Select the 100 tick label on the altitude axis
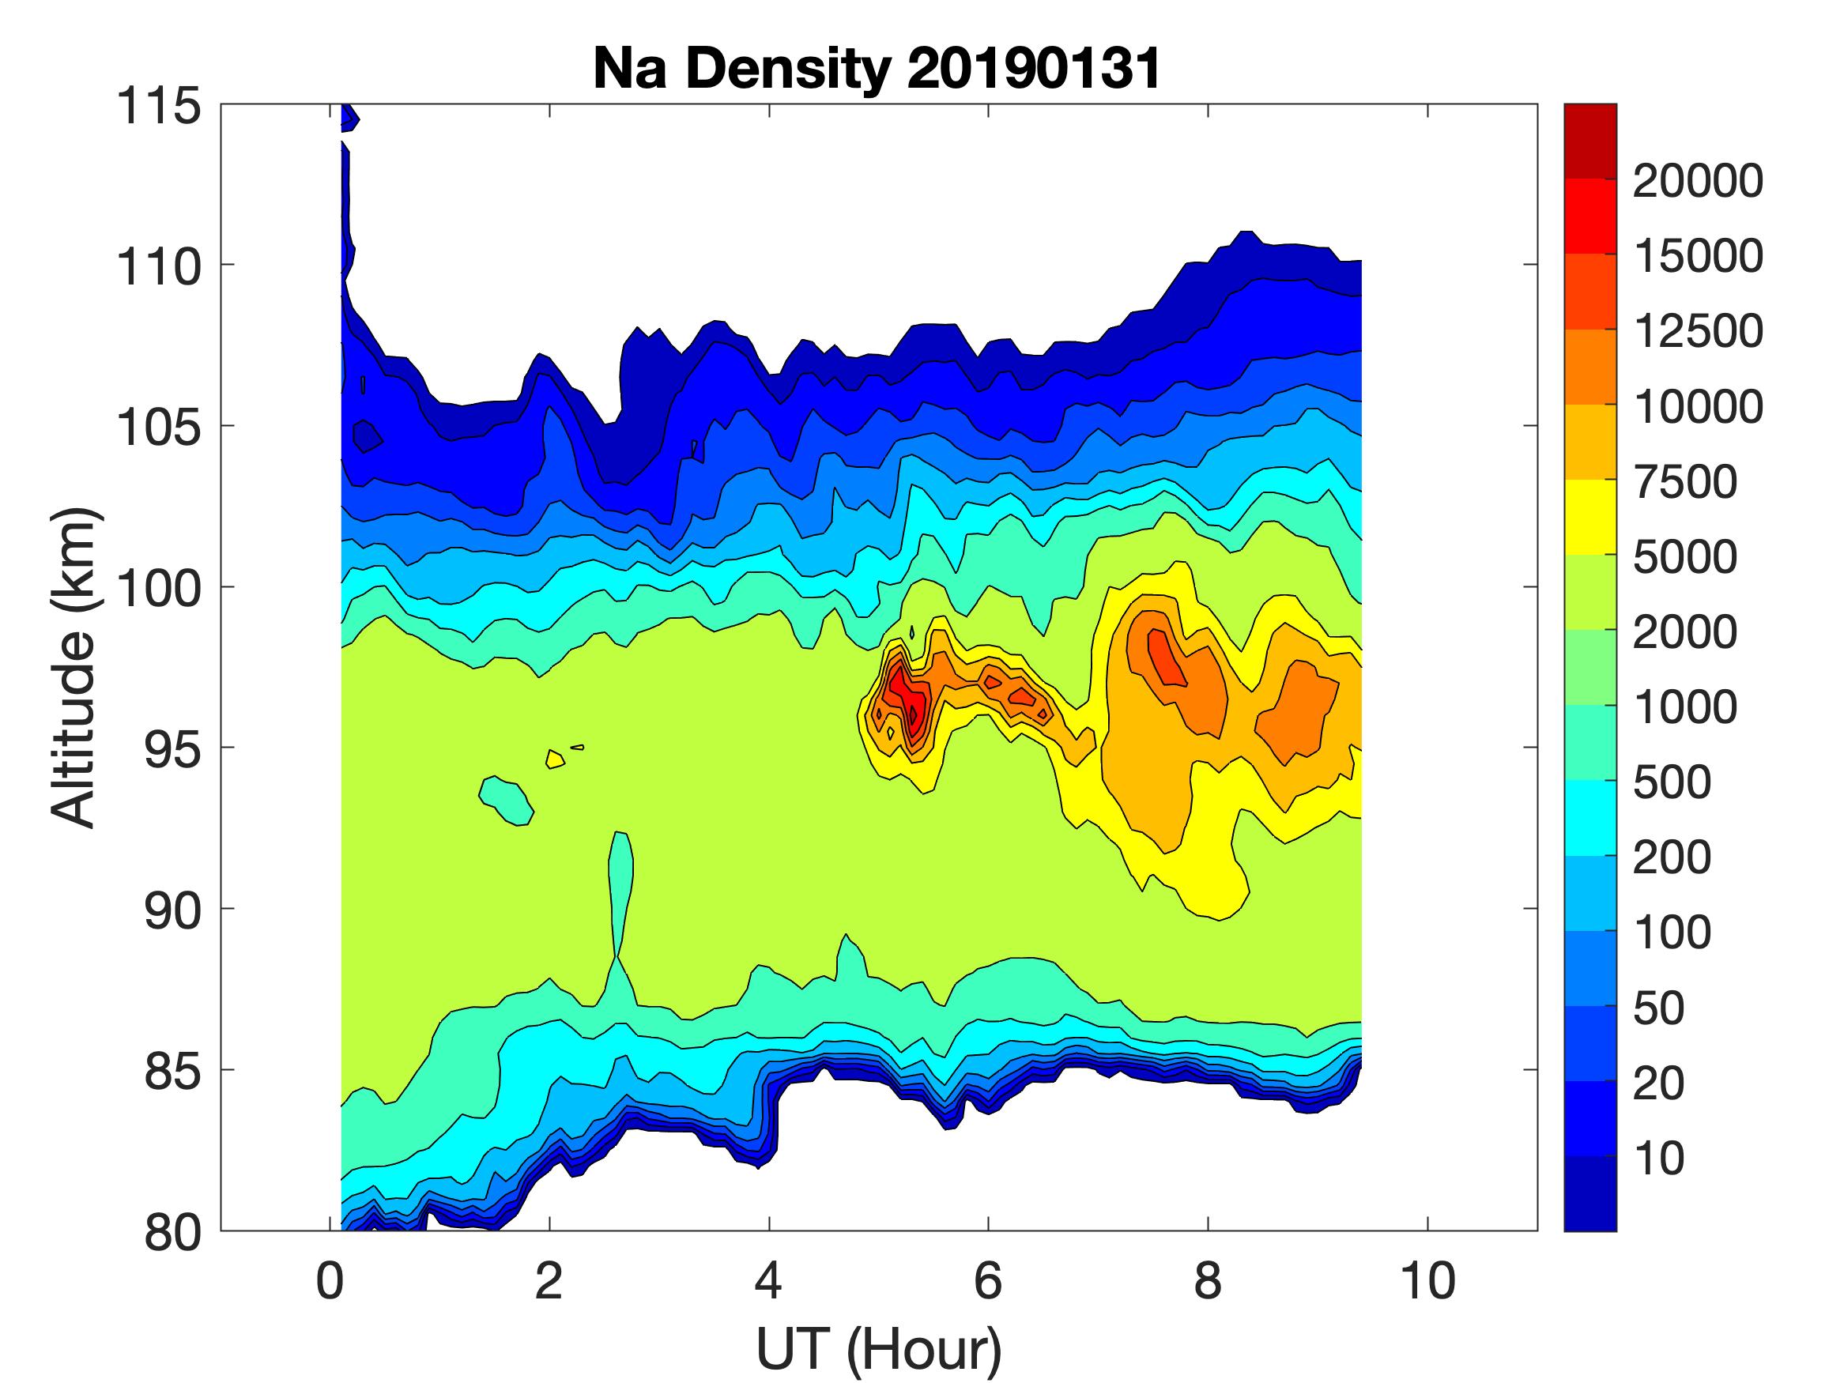point(158,588)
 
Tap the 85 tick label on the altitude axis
point(173,1071)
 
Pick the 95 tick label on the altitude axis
point(173,748)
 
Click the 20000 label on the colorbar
point(1697,182)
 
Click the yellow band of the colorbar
point(1589,517)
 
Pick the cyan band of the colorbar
point(1589,817)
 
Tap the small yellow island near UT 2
point(554,759)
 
